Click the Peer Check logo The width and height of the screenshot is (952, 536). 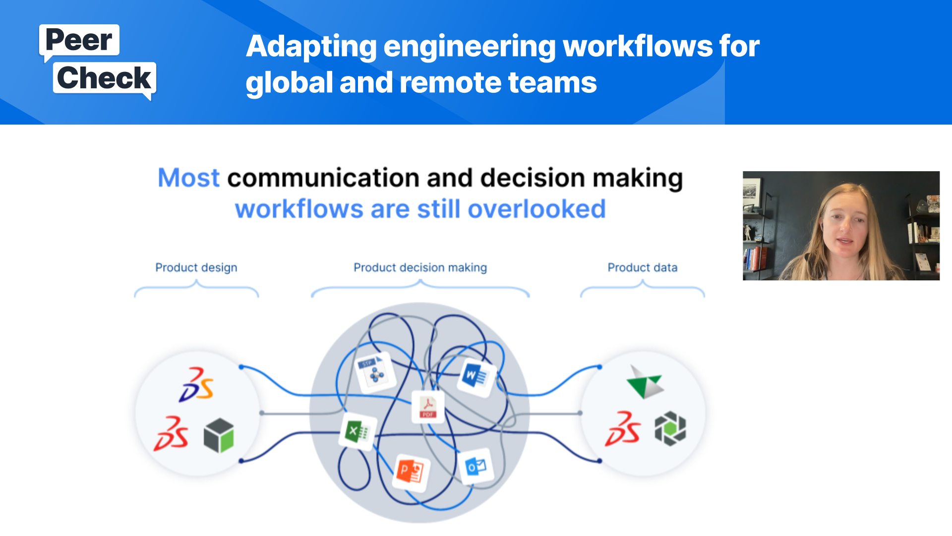(98, 62)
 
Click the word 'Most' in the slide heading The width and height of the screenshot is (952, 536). (188, 178)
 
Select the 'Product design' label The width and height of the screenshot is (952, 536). (196, 268)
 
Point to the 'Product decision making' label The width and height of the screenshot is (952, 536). (420, 268)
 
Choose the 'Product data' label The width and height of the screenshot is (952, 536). (642, 268)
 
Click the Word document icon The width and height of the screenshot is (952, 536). (475, 377)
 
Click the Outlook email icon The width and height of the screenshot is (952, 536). (476, 466)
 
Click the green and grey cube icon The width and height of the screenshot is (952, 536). (219, 435)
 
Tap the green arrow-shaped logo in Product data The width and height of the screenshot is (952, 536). (645, 382)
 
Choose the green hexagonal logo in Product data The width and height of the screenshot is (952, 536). (670, 428)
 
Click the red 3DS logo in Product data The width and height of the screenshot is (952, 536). (623, 429)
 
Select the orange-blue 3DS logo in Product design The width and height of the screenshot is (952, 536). (196, 384)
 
